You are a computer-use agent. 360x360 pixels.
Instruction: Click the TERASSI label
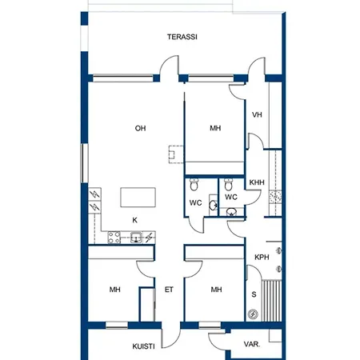click(182, 37)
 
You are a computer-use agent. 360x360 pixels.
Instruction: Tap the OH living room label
click(140, 128)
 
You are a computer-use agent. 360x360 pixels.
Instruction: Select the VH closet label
click(257, 114)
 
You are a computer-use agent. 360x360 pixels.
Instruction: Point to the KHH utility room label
click(257, 182)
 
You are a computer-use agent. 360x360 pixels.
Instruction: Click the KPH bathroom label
click(262, 258)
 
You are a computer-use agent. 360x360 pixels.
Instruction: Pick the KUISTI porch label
click(143, 346)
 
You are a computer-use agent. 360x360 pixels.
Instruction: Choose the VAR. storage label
click(252, 344)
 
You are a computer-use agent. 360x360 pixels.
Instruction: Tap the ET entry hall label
click(169, 290)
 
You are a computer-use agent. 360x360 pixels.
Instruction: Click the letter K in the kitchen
click(135, 220)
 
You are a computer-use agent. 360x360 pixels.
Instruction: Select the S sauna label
click(254, 294)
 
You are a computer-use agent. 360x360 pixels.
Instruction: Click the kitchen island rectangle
click(138, 198)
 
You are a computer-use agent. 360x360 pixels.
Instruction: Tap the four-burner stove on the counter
click(114, 238)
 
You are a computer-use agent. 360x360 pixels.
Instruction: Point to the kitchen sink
click(136, 238)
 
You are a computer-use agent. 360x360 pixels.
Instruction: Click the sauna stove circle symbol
click(253, 314)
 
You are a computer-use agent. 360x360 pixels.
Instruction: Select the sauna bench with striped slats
click(272, 301)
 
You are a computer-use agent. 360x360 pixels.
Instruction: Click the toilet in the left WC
click(194, 185)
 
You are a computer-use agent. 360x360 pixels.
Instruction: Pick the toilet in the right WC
click(228, 185)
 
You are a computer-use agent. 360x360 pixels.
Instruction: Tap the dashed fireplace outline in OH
click(176, 154)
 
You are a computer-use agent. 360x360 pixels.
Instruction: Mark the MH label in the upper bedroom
click(215, 128)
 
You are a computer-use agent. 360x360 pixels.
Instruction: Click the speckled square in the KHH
click(275, 197)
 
